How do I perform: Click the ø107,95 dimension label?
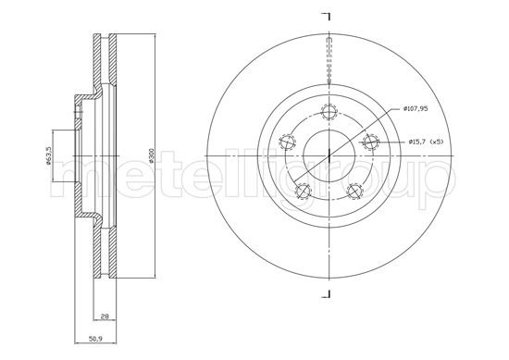pyautogui.click(x=416, y=109)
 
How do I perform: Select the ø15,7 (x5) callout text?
pyautogui.click(x=426, y=142)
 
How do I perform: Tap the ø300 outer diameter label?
pyautogui.click(x=151, y=155)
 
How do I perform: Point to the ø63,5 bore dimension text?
pyautogui.click(x=48, y=155)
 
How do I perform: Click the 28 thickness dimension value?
pyautogui.click(x=105, y=316)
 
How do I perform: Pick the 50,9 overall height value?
pyautogui.click(x=95, y=339)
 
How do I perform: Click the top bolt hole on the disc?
pyautogui.click(x=329, y=112)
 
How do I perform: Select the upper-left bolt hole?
pyautogui.click(x=287, y=142)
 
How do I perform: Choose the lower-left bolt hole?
pyautogui.click(x=304, y=191)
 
